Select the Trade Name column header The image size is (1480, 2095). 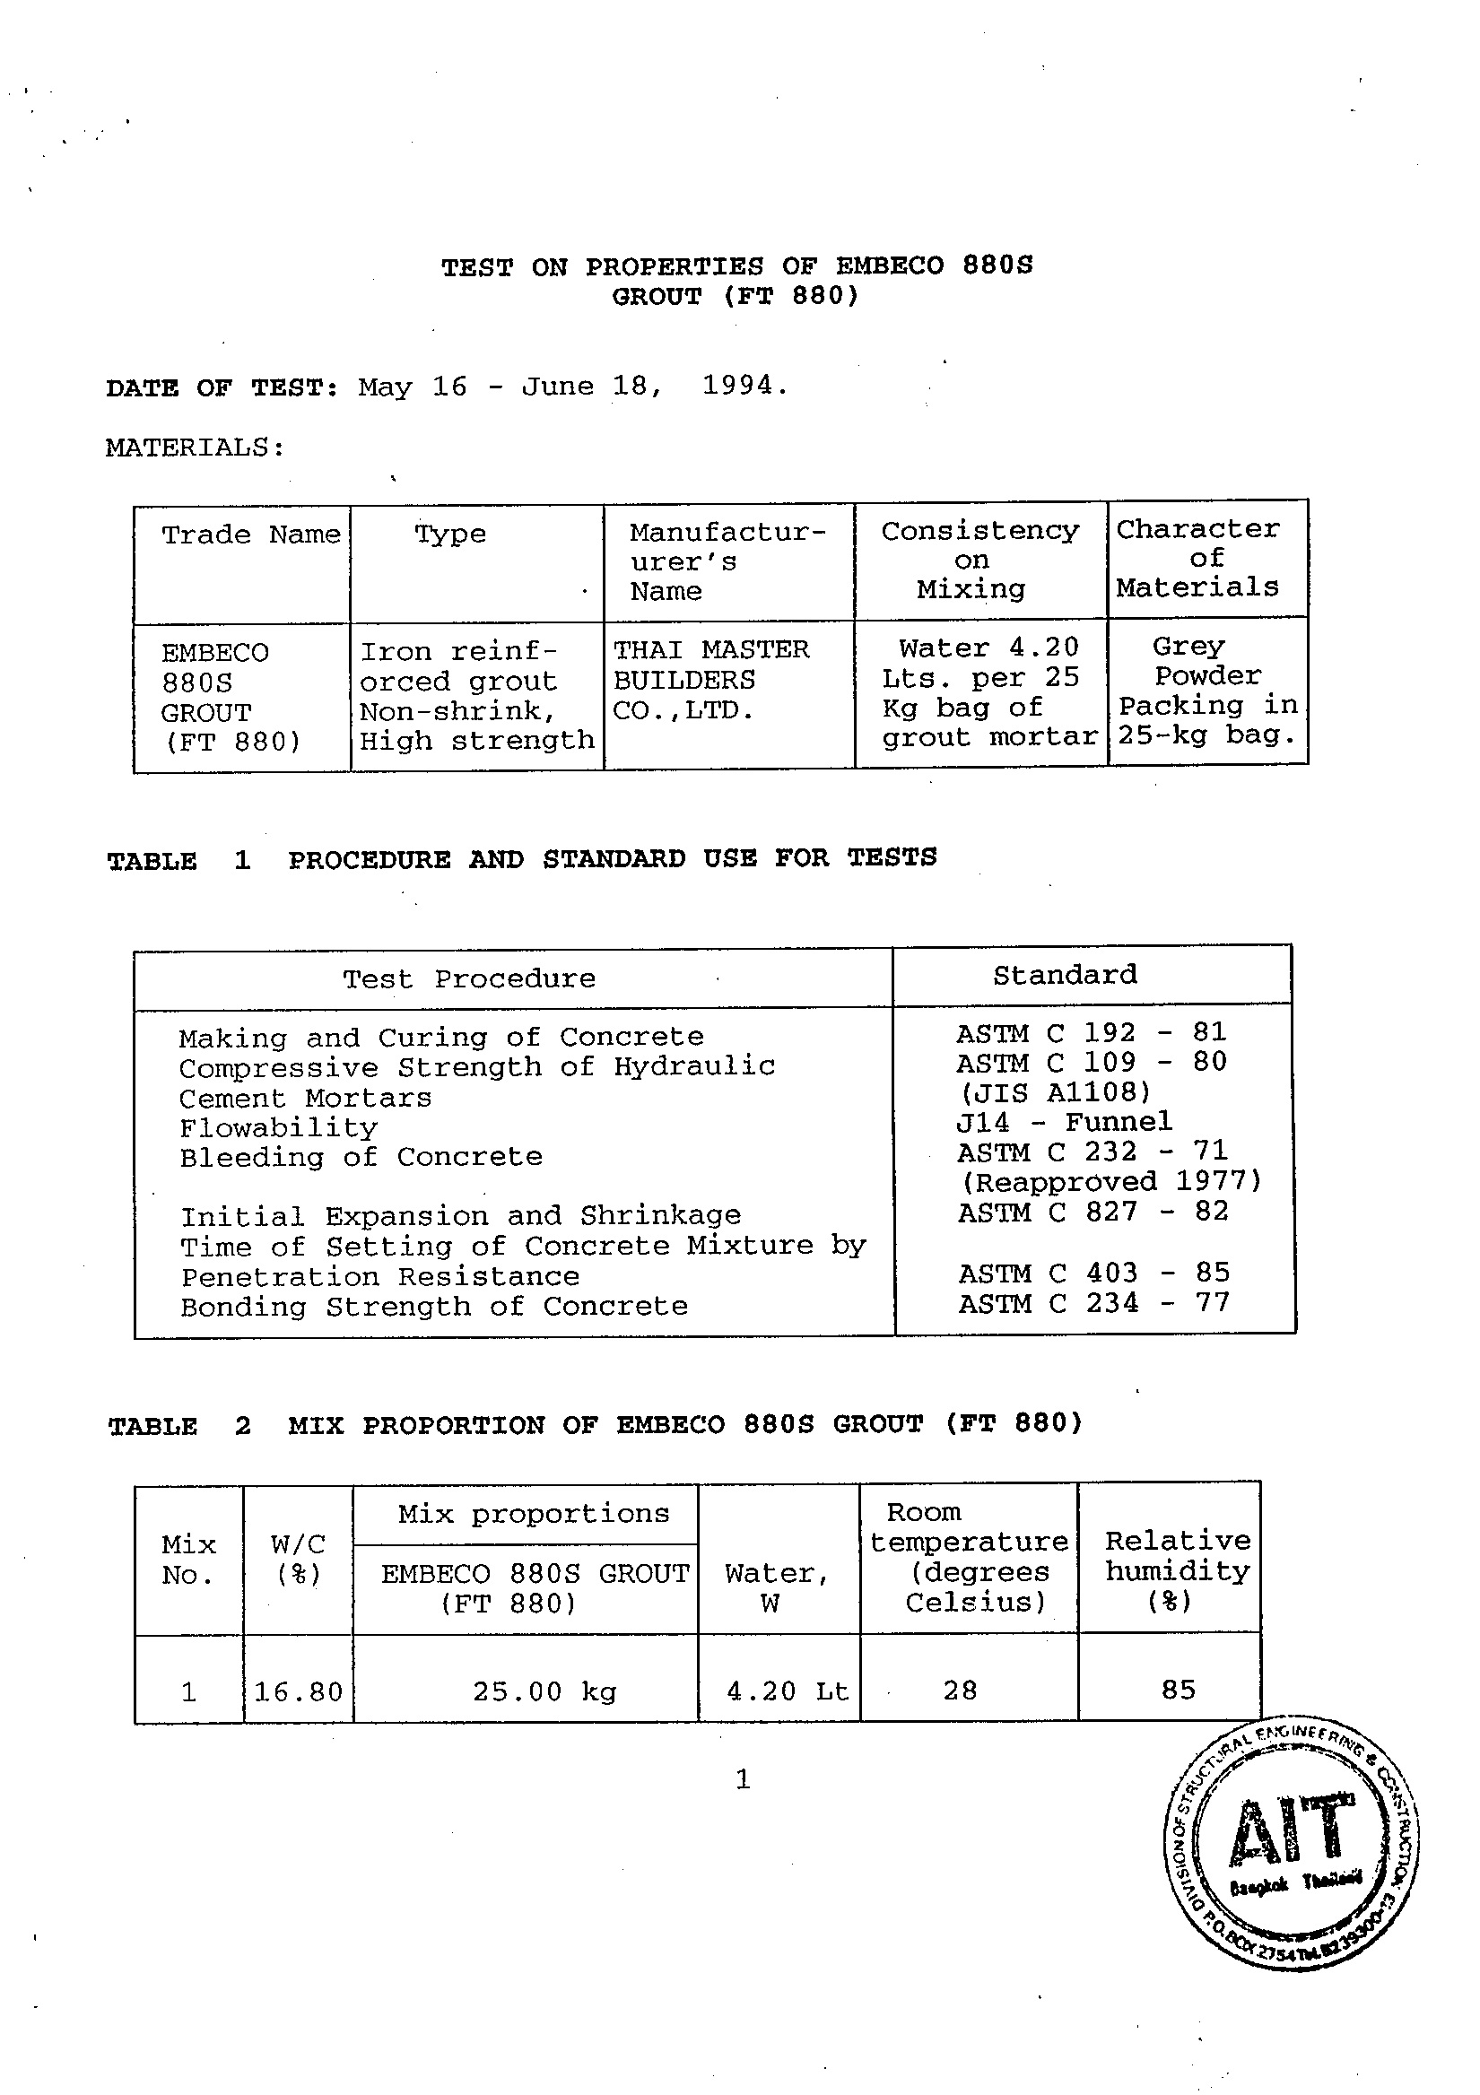pos(251,534)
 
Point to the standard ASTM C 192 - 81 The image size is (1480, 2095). pos(1092,1033)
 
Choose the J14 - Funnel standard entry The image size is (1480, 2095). pos(1064,1121)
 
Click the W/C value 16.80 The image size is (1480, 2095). pos(299,1692)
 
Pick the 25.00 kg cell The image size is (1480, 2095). pos(544,1691)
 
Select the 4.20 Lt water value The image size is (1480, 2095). pos(788,1691)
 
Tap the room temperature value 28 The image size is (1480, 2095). pos(960,1691)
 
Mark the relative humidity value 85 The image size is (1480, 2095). pos(1178,1690)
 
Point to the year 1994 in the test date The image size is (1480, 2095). pos(737,385)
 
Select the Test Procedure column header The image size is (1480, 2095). pos(469,979)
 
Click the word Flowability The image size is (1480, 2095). pos(278,1128)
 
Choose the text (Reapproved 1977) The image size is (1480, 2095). pos(1111,1182)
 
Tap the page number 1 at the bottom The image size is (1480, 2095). pos(743,1778)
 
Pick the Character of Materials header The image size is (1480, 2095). pos(1197,558)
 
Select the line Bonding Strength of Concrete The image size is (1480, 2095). pos(433,1307)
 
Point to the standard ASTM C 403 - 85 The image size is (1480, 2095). pos(1094,1273)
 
